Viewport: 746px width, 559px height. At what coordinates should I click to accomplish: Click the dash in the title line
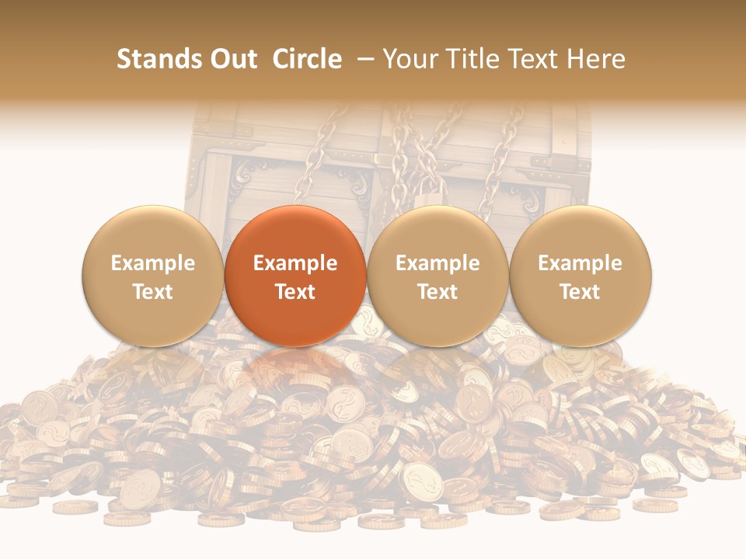point(366,59)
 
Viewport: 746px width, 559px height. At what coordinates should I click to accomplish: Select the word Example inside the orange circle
point(295,263)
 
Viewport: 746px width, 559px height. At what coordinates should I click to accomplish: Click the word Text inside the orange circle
point(295,292)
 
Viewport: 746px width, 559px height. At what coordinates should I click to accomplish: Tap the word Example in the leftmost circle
point(153,263)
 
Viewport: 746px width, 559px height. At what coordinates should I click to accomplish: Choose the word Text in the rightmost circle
point(580,292)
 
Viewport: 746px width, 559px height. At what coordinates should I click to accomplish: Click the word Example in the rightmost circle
point(580,263)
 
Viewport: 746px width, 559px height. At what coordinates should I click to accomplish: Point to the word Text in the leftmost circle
point(153,292)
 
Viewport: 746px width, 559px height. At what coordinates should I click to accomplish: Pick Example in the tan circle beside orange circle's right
point(437,263)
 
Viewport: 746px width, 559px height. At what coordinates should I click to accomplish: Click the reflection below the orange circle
point(295,365)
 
